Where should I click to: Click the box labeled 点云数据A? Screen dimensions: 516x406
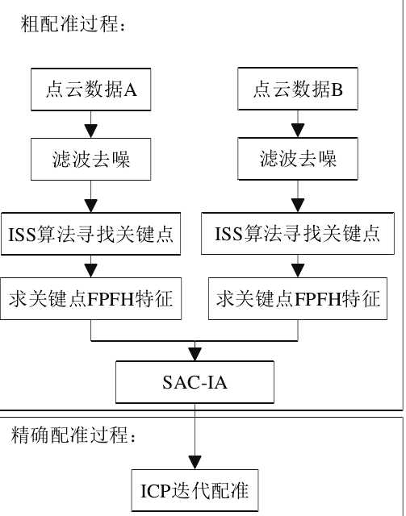click(x=90, y=89)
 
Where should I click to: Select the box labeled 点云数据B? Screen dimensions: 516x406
click(x=298, y=89)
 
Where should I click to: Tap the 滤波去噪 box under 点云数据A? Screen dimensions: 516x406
click(x=90, y=159)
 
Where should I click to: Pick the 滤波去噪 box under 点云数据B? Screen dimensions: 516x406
click(x=298, y=159)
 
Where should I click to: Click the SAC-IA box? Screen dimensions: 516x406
click(x=195, y=382)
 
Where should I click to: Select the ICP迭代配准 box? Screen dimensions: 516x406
click(x=195, y=490)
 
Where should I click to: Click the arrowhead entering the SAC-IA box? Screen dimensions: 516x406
click(x=195, y=355)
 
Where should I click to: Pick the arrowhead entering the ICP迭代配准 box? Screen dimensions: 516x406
click(x=195, y=464)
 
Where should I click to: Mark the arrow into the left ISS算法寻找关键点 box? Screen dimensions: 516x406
click(x=90, y=197)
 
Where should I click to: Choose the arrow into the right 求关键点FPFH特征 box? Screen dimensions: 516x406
click(x=298, y=266)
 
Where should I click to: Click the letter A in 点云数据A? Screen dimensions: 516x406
click(x=131, y=89)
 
